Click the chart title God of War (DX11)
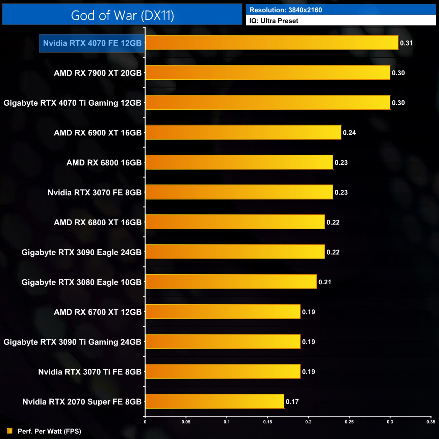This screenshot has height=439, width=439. click(122, 15)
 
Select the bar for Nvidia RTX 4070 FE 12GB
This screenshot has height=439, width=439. click(272, 43)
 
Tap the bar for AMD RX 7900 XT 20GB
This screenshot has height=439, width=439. click(267, 73)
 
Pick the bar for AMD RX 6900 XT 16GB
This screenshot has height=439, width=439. click(243, 132)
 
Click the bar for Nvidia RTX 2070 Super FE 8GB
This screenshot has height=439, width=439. click(214, 401)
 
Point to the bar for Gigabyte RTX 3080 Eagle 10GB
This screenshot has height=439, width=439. click(231, 282)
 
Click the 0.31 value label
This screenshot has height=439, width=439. click(406, 43)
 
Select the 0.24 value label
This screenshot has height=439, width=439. click(349, 133)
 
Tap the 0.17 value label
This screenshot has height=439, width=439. click(292, 402)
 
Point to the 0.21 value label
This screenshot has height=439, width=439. click(325, 282)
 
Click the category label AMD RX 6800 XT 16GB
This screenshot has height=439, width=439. click(98, 223)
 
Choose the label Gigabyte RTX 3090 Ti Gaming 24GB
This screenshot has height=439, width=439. click(72, 342)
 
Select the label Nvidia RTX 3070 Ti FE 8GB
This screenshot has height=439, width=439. click(89, 372)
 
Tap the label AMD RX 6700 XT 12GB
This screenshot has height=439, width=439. click(98, 312)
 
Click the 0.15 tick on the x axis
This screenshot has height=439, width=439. click(267, 422)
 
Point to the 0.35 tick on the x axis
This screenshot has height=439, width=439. click(431, 422)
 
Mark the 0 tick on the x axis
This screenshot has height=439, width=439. click(145, 422)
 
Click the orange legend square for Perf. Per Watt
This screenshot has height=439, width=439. click(9, 431)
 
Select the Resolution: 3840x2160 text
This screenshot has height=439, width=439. click(286, 10)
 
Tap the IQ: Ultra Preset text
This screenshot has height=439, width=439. click(274, 21)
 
